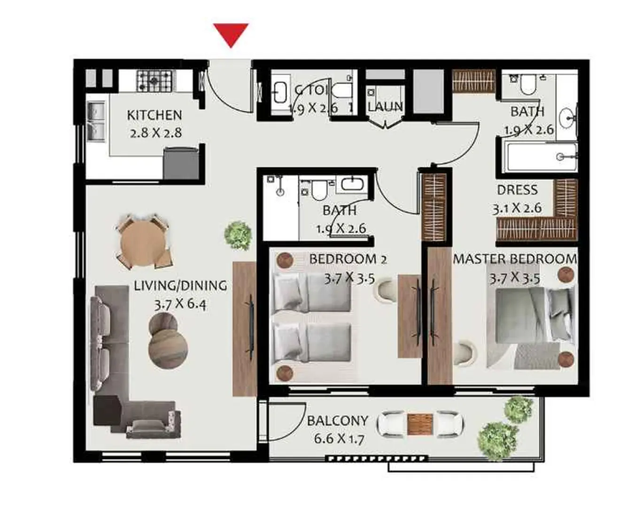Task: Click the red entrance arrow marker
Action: click(231, 34)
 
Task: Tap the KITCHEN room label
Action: click(154, 115)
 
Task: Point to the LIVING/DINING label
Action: click(180, 285)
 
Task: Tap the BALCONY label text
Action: click(337, 420)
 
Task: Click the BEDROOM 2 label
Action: click(348, 259)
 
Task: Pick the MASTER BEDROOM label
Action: click(515, 259)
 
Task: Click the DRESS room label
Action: click(517, 190)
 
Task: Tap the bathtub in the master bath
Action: click(540, 157)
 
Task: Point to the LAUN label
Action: click(385, 107)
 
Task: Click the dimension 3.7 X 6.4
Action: click(180, 304)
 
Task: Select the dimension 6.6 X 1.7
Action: click(338, 439)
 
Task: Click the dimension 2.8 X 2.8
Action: click(155, 133)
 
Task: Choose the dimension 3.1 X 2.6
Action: click(517, 208)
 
